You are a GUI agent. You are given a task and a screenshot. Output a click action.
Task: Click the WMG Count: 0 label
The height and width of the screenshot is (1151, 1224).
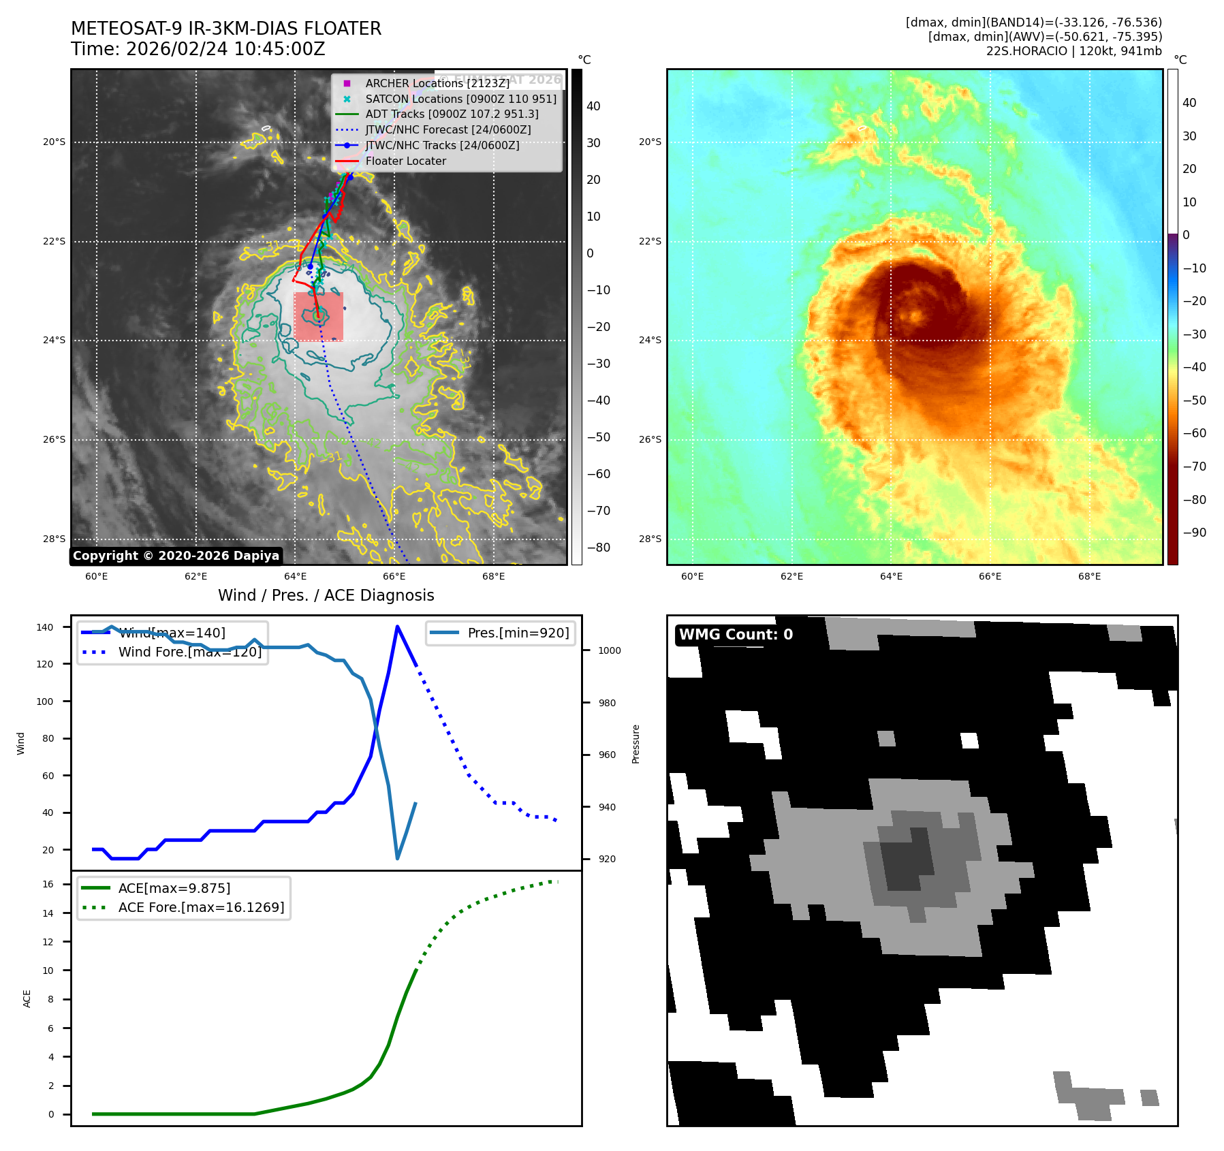pyautogui.click(x=736, y=635)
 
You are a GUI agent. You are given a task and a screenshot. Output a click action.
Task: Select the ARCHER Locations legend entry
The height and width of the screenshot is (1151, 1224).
pyautogui.click(x=437, y=83)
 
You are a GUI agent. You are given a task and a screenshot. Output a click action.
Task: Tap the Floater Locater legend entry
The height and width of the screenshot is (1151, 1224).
pyautogui.click(x=405, y=161)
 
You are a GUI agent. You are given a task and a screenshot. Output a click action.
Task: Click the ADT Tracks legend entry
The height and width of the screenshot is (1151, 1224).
pyautogui.click(x=451, y=114)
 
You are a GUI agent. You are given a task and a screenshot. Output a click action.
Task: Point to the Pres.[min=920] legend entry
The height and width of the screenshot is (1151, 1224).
pyautogui.click(x=518, y=633)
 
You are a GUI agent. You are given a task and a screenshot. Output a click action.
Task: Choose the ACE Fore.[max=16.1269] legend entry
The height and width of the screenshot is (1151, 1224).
pyautogui.click(x=201, y=907)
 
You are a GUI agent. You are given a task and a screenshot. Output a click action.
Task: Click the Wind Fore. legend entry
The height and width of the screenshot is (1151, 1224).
pyautogui.click(x=189, y=652)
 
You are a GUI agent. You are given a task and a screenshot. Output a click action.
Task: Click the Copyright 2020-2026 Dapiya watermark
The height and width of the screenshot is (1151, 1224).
pyautogui.click(x=176, y=556)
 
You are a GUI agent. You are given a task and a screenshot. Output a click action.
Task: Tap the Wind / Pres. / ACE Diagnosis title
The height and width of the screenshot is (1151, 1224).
pyautogui.click(x=326, y=595)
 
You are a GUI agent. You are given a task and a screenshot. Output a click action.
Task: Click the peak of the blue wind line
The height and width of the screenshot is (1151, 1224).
pyautogui.click(x=397, y=627)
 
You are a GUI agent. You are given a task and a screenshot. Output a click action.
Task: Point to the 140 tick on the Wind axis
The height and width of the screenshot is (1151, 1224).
pyautogui.click(x=45, y=627)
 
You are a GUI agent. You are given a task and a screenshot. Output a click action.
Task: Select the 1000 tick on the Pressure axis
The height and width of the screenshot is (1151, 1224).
pyautogui.click(x=609, y=650)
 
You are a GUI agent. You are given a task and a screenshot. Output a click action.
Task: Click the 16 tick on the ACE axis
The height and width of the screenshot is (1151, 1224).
pyautogui.click(x=48, y=884)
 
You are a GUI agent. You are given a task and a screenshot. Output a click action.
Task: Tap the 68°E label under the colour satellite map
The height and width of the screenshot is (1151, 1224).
pyautogui.click(x=1089, y=576)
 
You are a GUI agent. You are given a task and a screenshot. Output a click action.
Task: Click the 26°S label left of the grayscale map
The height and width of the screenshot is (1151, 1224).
pyautogui.click(x=54, y=439)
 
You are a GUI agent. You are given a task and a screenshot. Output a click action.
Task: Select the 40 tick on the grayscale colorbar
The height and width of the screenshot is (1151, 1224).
pyautogui.click(x=593, y=106)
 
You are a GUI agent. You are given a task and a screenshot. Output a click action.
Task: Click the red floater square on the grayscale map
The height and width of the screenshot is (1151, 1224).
pyautogui.click(x=318, y=317)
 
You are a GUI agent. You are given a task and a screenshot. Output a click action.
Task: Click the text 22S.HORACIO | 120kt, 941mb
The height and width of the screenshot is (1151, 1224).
pyautogui.click(x=1073, y=51)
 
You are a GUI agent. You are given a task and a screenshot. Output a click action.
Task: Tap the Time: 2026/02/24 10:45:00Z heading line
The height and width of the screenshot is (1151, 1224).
pyautogui.click(x=198, y=49)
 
